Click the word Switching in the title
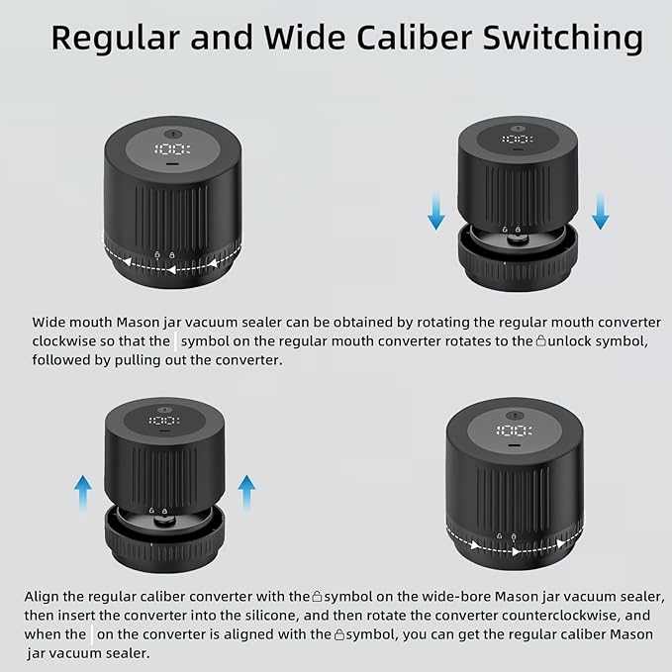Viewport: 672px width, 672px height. click(x=563, y=39)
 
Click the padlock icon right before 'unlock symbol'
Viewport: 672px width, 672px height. click(x=541, y=341)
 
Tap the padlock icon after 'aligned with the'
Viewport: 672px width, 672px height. click(x=339, y=634)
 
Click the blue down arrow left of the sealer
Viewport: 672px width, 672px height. click(x=436, y=211)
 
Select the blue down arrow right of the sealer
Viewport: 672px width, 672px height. click(x=600, y=211)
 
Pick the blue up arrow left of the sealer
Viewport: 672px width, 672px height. click(x=83, y=493)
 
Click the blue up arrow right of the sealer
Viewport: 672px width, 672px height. click(x=246, y=493)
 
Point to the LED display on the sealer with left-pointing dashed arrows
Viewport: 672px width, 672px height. click(x=172, y=149)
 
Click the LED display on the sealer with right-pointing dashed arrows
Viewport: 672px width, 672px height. click(x=515, y=431)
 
